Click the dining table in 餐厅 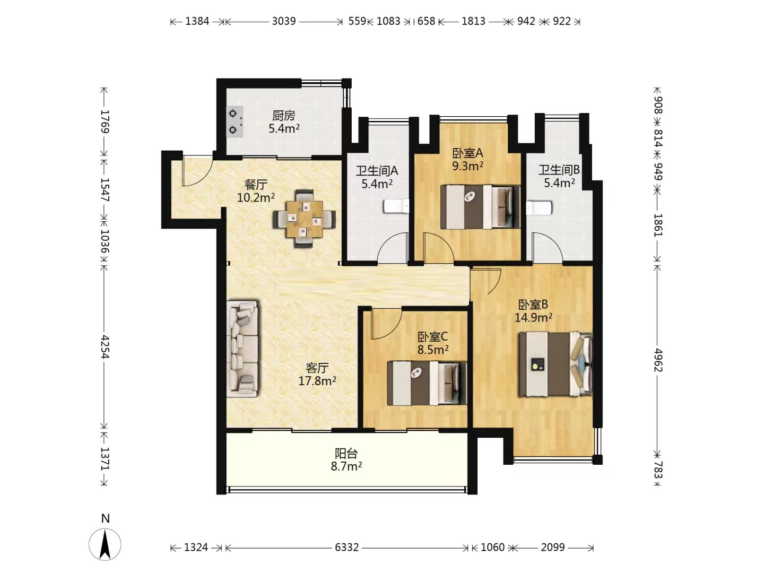[305, 219]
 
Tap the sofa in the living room [242, 349]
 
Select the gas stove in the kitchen [235, 122]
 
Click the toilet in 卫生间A [396, 206]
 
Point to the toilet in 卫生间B [539, 207]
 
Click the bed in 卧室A [480, 207]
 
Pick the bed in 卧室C [427, 383]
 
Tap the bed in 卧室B [555, 364]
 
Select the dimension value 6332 [346, 548]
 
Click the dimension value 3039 [284, 21]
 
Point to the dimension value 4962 [658, 360]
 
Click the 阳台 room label [346, 453]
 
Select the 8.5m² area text [433, 349]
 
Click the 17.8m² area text [317, 381]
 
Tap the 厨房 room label [284, 115]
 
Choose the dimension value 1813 [473, 21]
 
